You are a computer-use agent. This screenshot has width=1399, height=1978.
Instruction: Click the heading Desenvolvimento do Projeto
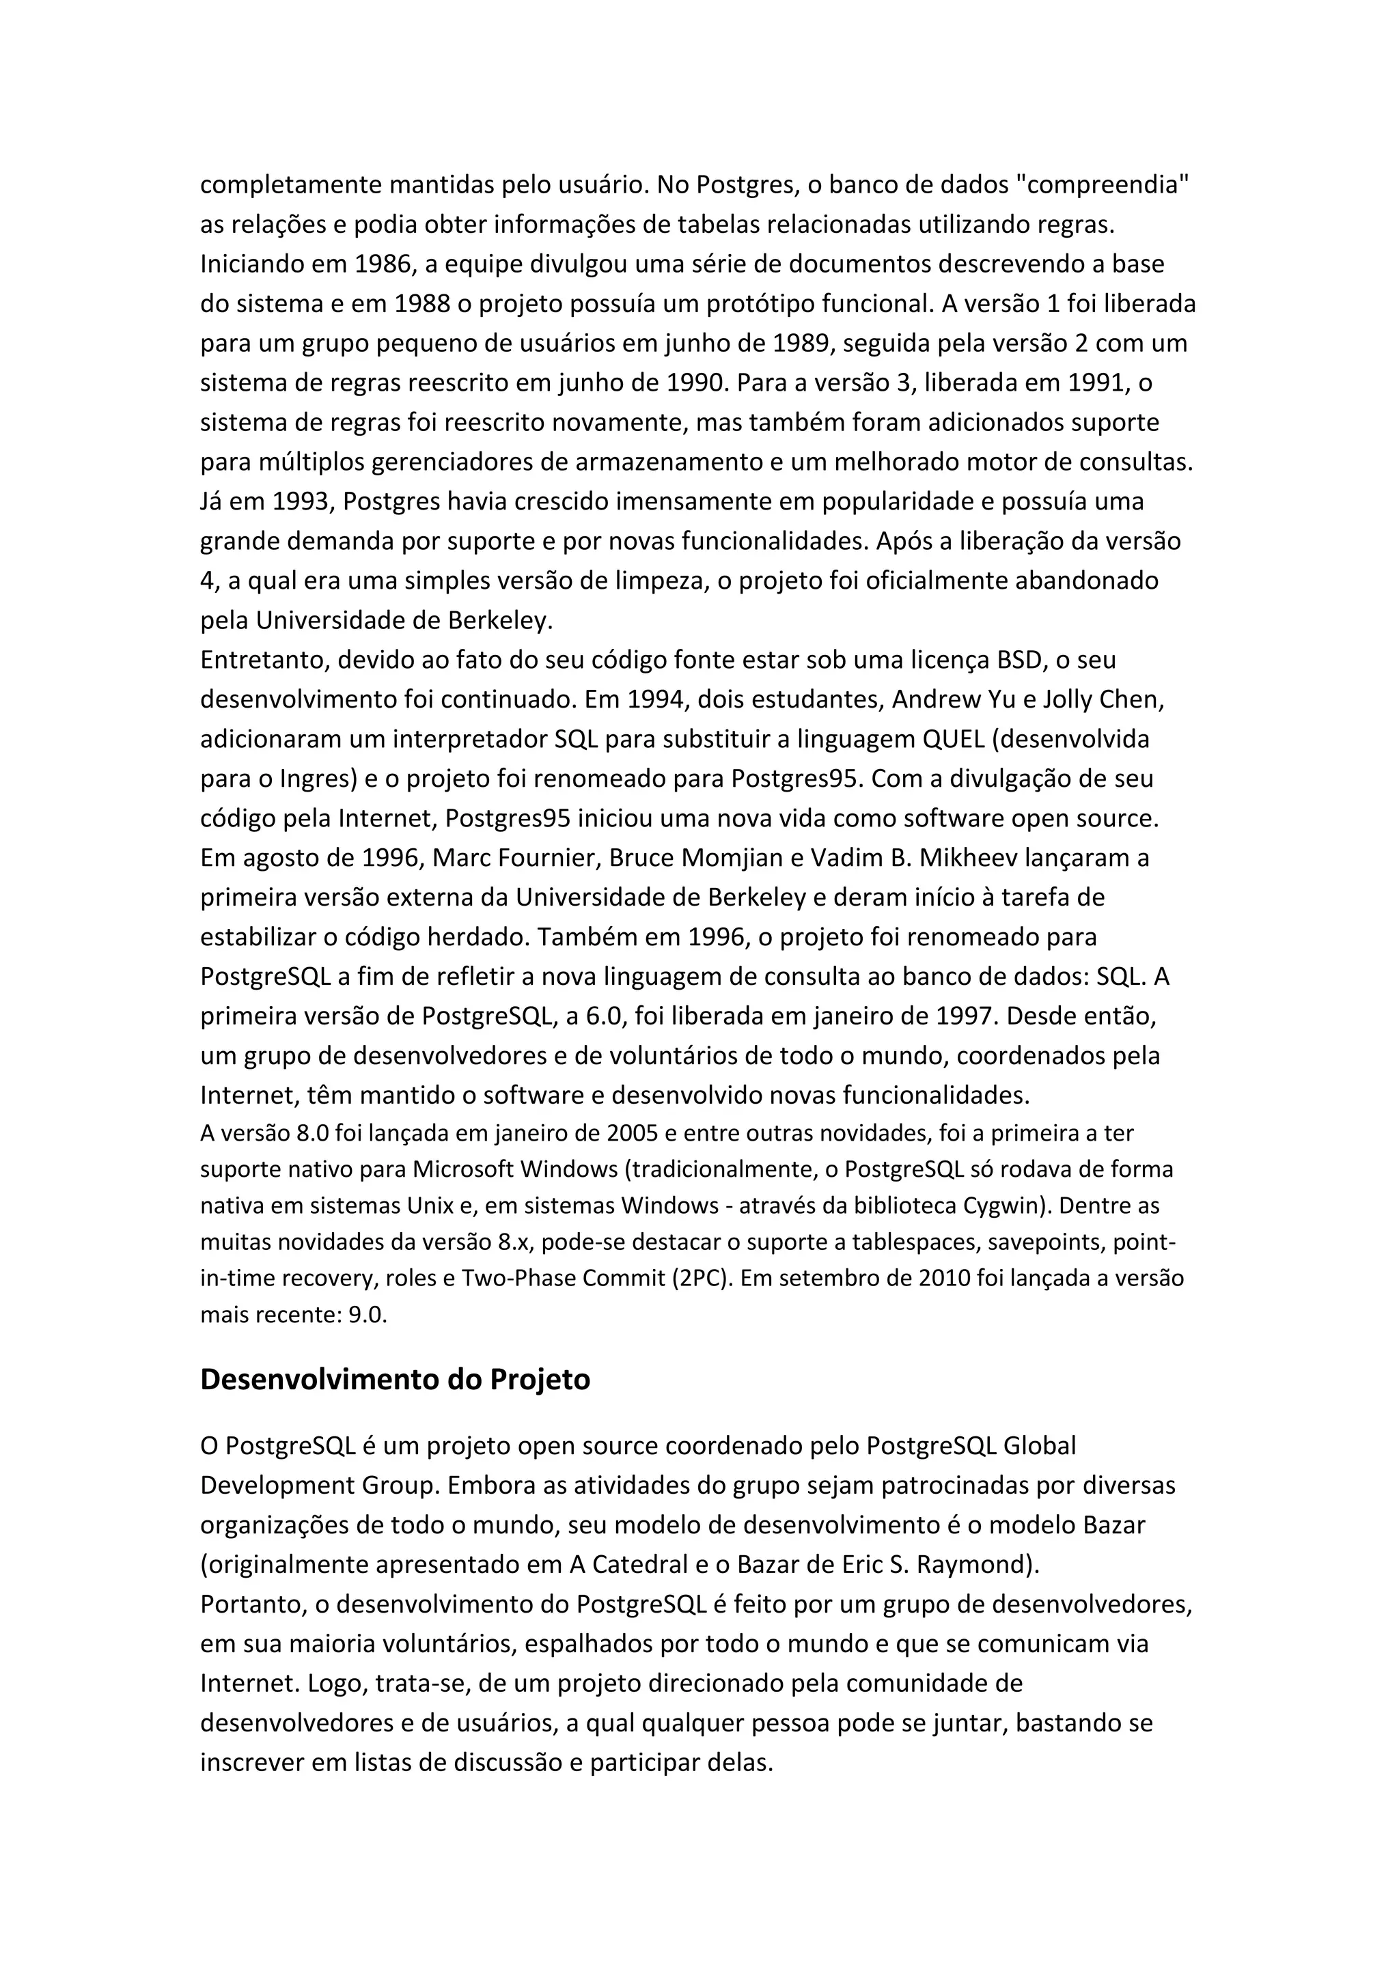point(395,1379)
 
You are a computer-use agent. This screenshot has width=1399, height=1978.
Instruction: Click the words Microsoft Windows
point(515,1170)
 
